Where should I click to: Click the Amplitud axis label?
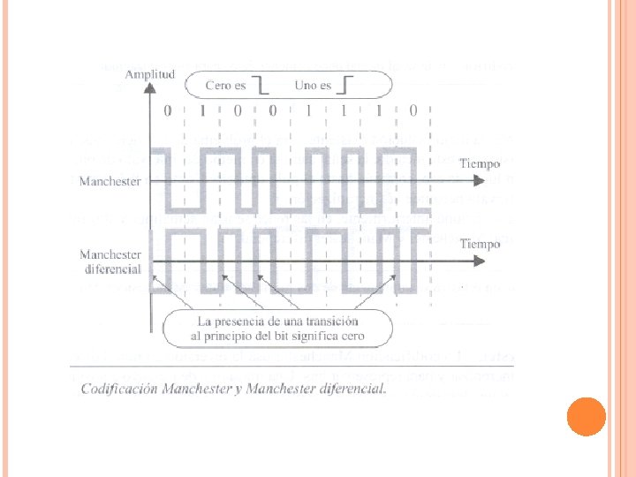[149, 75]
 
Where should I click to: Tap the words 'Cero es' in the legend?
[225, 86]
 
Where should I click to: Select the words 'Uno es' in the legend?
[314, 86]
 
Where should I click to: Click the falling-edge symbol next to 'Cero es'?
[261, 86]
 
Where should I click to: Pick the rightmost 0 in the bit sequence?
[413, 112]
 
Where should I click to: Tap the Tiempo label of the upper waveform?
[480, 164]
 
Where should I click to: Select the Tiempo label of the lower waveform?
[480, 244]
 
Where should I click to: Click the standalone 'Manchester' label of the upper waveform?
[110, 181]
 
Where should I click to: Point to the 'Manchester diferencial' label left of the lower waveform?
[111, 261]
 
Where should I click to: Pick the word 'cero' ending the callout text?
[351, 337]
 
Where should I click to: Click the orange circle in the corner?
[586, 416]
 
